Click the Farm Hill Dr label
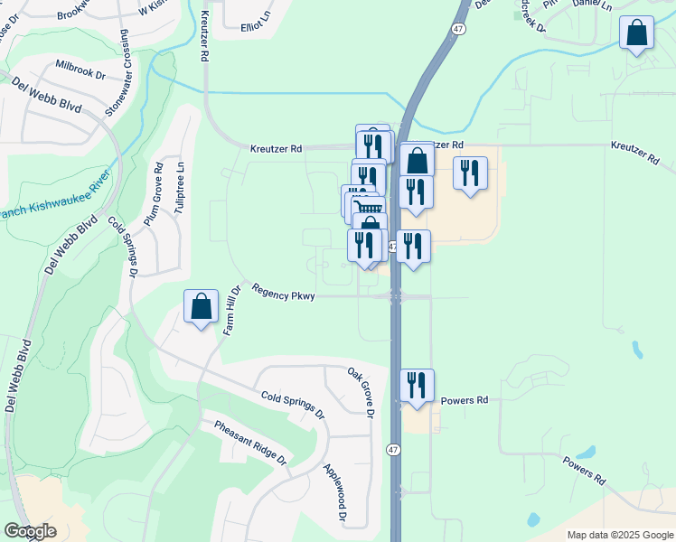coord(231,311)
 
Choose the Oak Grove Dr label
coord(361,393)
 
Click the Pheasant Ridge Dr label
coord(250,443)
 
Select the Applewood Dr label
coord(335,493)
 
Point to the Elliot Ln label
coord(256,26)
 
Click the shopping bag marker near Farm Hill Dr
coord(201,307)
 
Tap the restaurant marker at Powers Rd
coord(417,386)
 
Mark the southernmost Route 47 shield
coord(394,450)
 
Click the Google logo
coord(30,531)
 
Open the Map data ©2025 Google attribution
coord(619,535)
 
